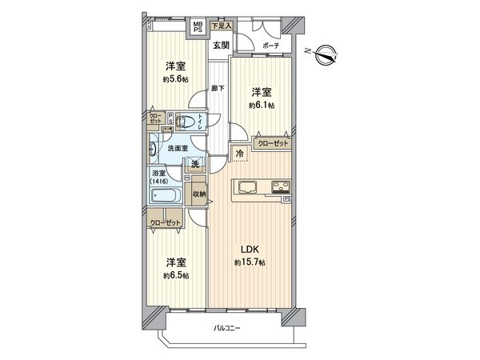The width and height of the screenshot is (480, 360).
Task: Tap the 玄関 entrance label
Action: click(x=221, y=45)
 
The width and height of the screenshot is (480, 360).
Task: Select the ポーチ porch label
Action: click(x=270, y=46)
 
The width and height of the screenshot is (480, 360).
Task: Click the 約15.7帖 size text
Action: click(x=249, y=262)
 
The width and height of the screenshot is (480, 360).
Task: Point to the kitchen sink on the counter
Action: click(x=246, y=189)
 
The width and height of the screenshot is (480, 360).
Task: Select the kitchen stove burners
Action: click(x=282, y=189)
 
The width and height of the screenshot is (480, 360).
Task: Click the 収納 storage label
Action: click(x=199, y=193)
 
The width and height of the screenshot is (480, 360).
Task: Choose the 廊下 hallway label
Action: click(x=217, y=88)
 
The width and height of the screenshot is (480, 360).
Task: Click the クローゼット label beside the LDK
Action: click(x=271, y=142)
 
